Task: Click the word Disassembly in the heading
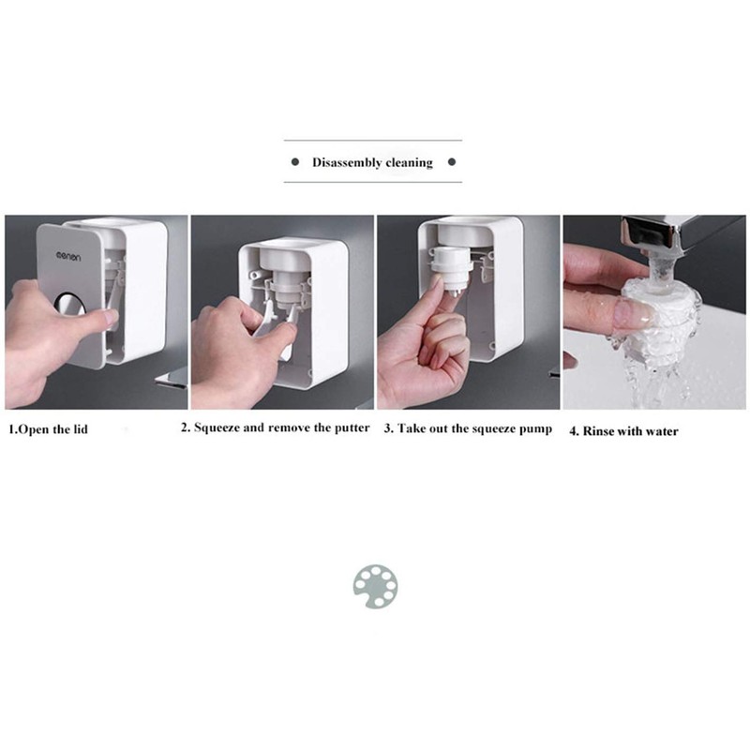pos(346,162)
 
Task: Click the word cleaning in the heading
pos(408,162)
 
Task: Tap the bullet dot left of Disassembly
pos(294,162)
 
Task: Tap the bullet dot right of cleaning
pos(451,162)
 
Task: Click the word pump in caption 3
pos(535,429)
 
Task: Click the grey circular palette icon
pos(375,585)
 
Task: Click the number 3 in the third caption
pos(387,429)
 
